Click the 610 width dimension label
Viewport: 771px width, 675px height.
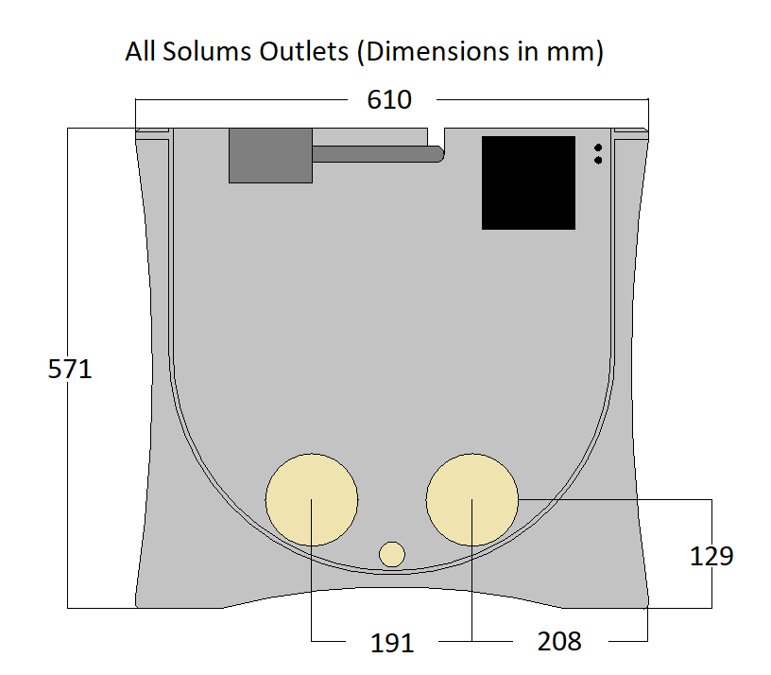(389, 99)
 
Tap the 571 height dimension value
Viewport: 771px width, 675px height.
(70, 369)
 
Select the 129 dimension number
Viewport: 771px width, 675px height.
(711, 557)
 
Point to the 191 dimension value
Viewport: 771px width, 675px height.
(392, 643)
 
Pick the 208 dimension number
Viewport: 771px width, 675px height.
(559, 642)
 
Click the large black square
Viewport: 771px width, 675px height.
(528, 183)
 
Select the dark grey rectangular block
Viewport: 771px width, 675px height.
(270, 155)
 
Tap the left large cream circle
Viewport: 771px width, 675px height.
(312, 500)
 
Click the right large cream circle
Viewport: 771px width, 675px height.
(472, 500)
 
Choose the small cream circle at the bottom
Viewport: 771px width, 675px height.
(392, 554)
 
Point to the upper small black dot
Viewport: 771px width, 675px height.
(598, 147)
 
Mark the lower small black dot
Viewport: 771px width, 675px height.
(598, 161)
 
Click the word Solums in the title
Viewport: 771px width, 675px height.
(207, 51)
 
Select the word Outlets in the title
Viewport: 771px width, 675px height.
(304, 51)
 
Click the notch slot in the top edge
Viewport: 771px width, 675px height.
(437, 138)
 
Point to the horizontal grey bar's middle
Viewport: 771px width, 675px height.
(379, 154)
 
